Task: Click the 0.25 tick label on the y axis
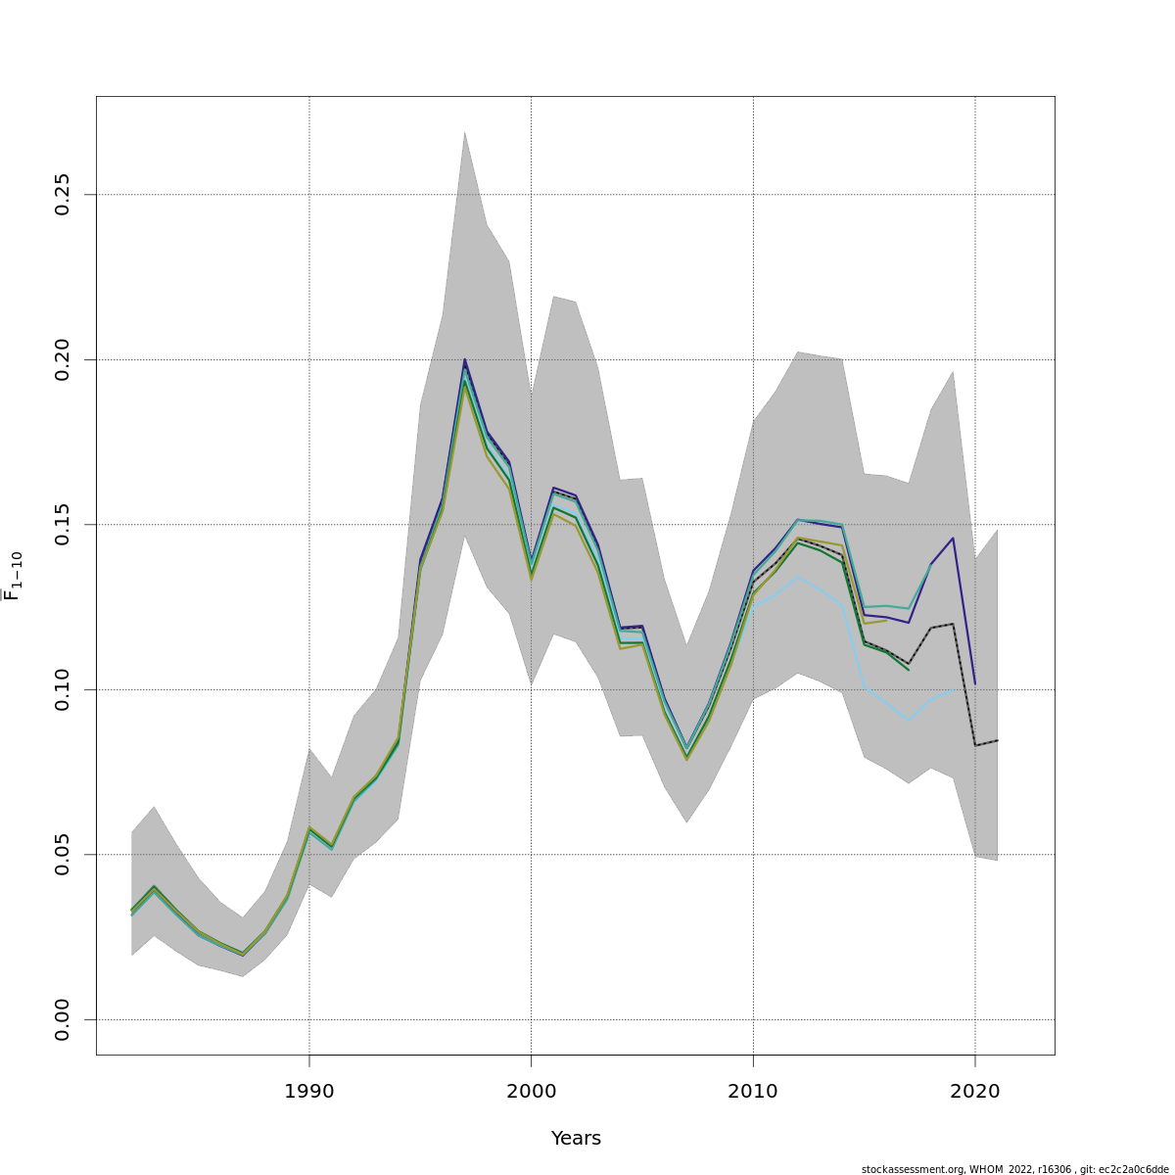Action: [x=63, y=195]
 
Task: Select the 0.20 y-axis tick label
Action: [x=63, y=359]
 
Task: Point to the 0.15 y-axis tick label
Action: [x=63, y=525]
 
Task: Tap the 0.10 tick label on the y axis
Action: [x=63, y=689]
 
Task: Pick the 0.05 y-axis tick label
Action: [x=63, y=855]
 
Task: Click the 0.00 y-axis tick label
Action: [x=63, y=1019]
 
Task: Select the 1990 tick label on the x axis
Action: [x=309, y=1091]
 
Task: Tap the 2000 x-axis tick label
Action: [x=531, y=1091]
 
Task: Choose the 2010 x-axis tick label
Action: [x=753, y=1091]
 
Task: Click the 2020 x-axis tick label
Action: [x=975, y=1091]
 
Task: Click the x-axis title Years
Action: [x=576, y=1139]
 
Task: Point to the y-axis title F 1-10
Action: [x=14, y=576]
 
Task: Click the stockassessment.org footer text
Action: [x=1014, y=1169]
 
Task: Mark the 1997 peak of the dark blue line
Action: [x=465, y=359]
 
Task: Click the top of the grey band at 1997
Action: [x=464, y=131]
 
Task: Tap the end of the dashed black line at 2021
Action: [x=997, y=740]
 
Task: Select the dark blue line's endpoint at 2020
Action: [x=975, y=683]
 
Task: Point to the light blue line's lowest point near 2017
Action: [x=909, y=721]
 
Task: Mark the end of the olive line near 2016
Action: [x=886, y=620]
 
